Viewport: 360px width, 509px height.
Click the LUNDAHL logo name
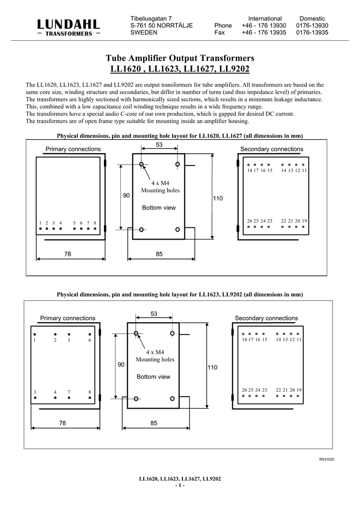(69, 24)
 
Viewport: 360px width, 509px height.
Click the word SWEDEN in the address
(144, 32)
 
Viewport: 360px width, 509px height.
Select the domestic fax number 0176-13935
(312, 32)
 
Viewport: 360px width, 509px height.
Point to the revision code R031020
(326, 459)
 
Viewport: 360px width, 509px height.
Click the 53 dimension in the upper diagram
(160, 144)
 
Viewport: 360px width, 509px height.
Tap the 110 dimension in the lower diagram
(212, 367)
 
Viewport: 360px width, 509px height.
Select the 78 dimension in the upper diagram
(68, 254)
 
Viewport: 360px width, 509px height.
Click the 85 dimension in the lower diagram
(154, 424)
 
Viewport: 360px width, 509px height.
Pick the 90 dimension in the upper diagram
(126, 196)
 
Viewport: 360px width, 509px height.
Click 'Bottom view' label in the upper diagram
(159, 207)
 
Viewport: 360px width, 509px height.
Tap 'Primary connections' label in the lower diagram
(67, 318)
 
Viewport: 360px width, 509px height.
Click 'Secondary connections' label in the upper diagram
(271, 149)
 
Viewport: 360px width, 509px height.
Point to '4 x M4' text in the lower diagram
(155, 352)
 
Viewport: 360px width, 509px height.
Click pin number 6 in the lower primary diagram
(90, 340)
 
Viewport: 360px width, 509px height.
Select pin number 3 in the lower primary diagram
(35, 392)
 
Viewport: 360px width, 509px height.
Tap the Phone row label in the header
(223, 25)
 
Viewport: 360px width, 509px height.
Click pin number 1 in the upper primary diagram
(40, 223)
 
